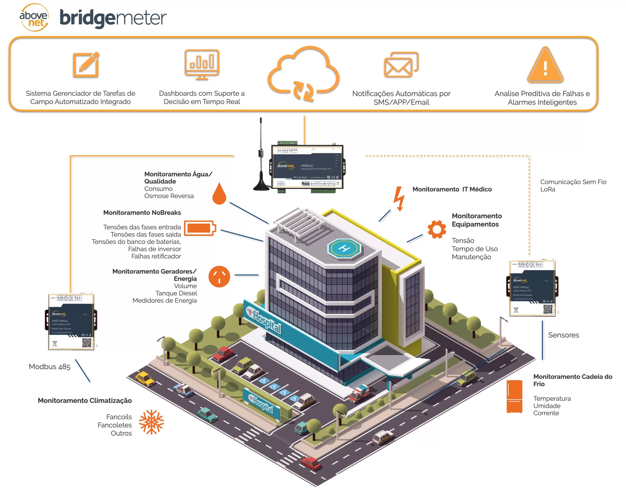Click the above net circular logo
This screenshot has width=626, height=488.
[x=34, y=17]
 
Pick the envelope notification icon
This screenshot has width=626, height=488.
[x=401, y=65]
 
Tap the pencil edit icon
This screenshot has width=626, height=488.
[x=86, y=65]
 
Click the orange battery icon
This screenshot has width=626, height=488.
[x=200, y=228]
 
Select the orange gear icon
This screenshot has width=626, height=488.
[x=436, y=229]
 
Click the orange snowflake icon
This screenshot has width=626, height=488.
[x=151, y=422]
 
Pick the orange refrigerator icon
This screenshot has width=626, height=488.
[x=514, y=397]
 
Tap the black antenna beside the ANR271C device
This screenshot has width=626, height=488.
[x=261, y=160]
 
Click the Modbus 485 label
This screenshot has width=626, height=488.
[x=50, y=367]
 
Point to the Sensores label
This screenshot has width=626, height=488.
[x=563, y=335]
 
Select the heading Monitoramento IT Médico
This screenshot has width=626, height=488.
[x=452, y=189]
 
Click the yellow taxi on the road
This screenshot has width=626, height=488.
[x=145, y=378]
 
